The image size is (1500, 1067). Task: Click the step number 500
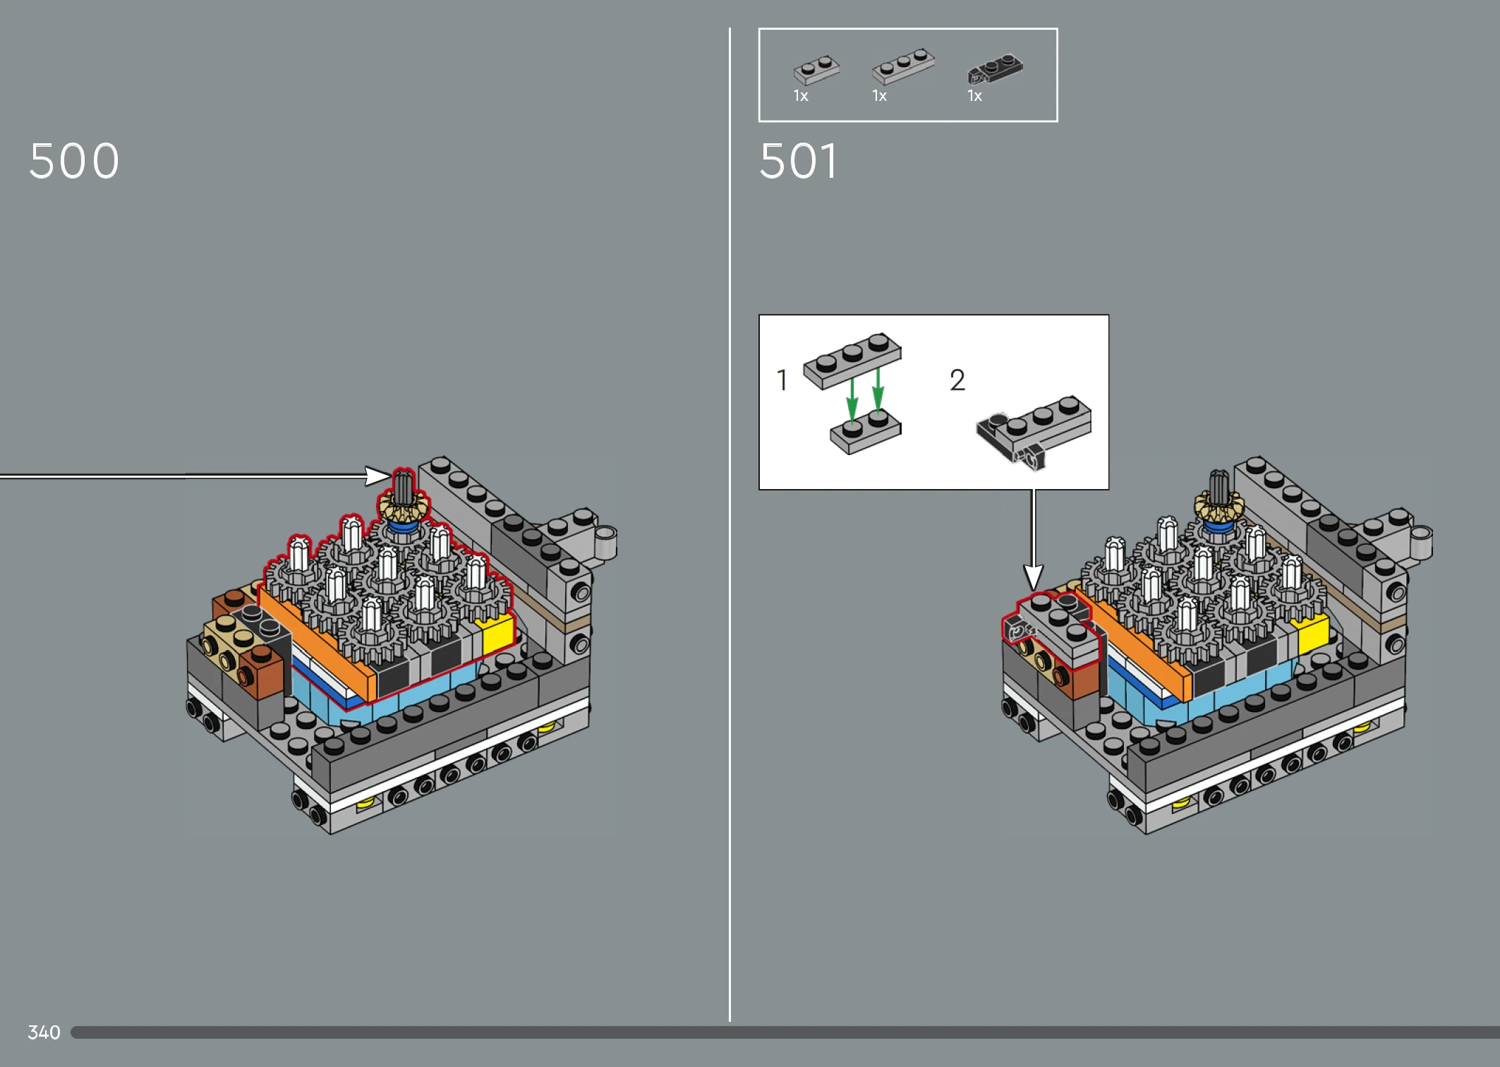pyautogui.click(x=74, y=162)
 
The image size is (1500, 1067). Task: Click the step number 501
pyautogui.click(x=799, y=162)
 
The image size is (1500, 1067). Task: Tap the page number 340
pyautogui.click(x=44, y=1032)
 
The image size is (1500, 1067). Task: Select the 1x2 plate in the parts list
pyautogui.click(x=816, y=70)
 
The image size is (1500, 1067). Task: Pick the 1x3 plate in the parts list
pyautogui.click(x=903, y=66)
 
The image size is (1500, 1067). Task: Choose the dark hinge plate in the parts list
pyautogui.click(x=995, y=69)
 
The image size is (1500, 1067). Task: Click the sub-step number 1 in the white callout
pyautogui.click(x=782, y=380)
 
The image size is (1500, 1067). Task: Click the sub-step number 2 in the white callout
pyautogui.click(x=957, y=380)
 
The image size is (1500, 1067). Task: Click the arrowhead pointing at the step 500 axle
pyautogui.click(x=377, y=476)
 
